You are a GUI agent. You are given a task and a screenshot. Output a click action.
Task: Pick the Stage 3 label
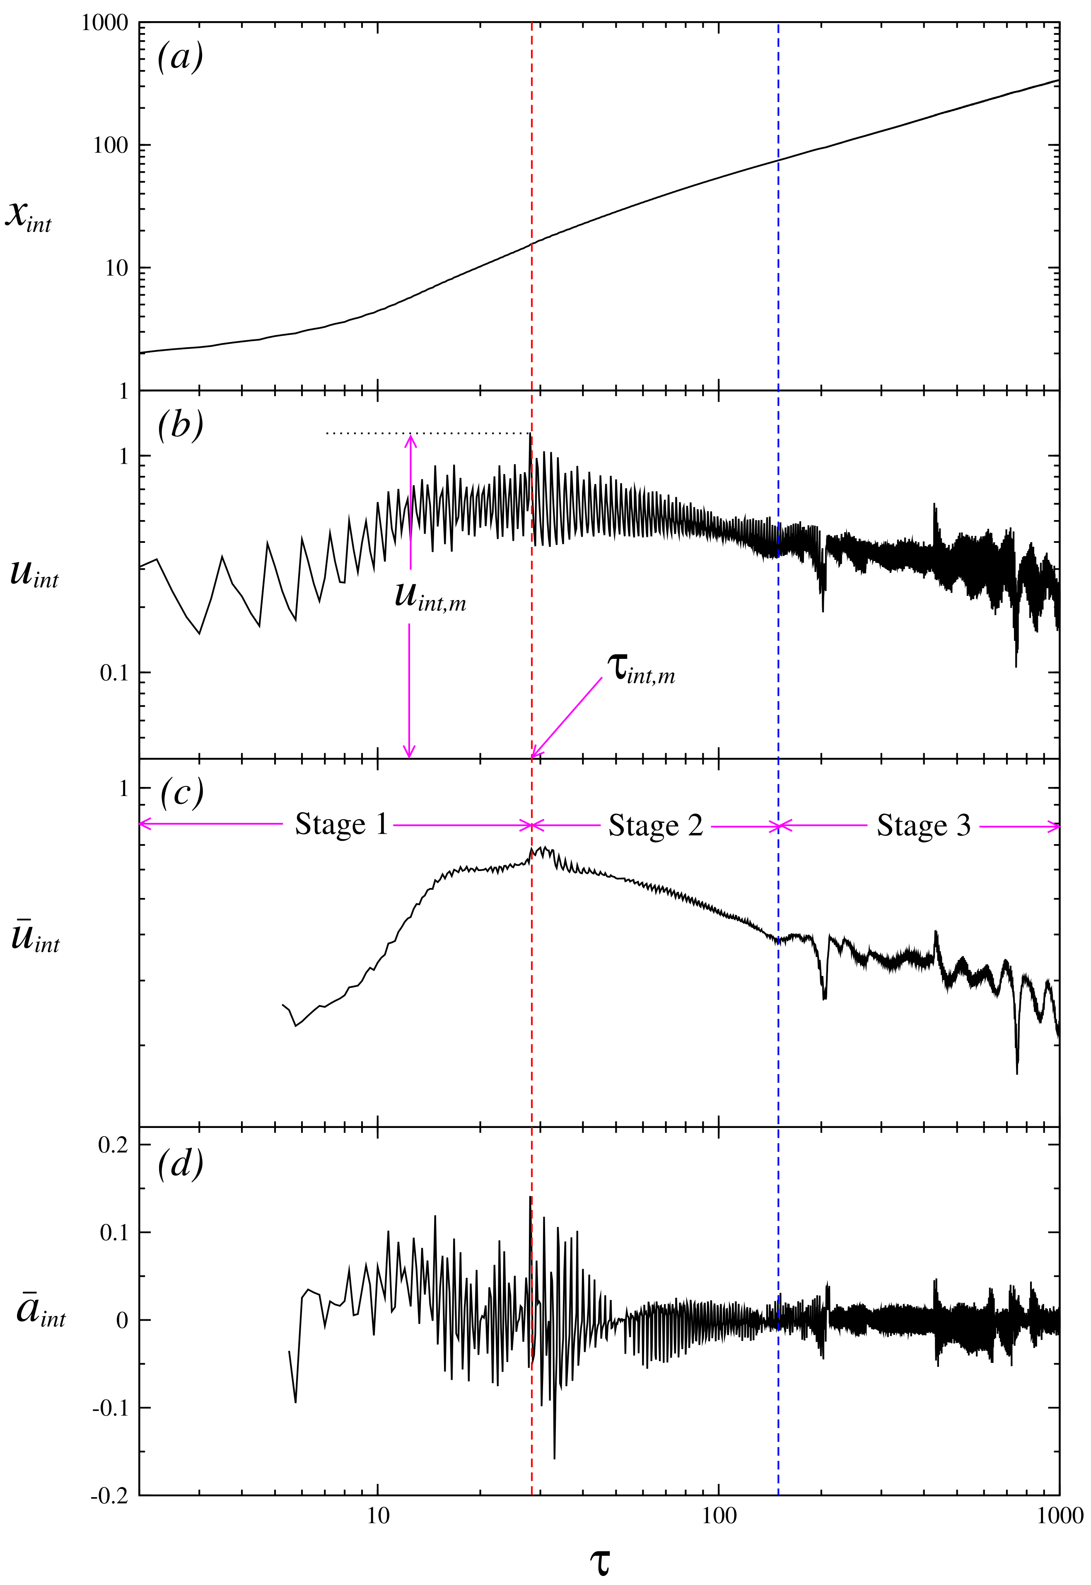(924, 826)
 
